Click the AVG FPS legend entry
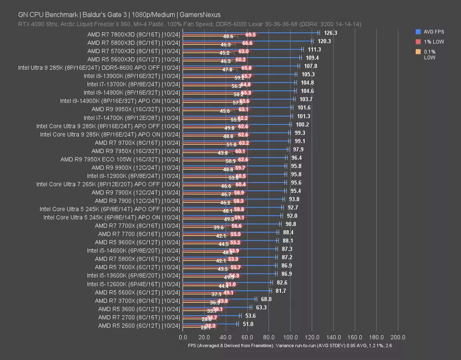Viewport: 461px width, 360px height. pos(433,32)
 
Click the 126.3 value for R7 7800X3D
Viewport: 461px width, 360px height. pos(331,33)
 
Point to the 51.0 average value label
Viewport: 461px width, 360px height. pos(248,324)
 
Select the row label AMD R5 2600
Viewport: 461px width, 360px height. pos(139,326)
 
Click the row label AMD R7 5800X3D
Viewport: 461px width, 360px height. pos(134,43)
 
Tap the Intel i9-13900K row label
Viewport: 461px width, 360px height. pos(132,76)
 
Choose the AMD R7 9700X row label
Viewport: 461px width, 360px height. pos(137,142)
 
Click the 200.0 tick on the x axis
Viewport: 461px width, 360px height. pos(398,337)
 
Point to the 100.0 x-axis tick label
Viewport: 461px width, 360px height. pos(290,337)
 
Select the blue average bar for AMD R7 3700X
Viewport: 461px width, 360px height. pos(219,299)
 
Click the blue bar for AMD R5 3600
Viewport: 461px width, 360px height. pos(216,307)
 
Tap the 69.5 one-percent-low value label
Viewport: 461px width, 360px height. pos(251,35)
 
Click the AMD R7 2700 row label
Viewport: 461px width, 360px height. pos(139,317)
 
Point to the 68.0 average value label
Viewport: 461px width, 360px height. pos(266,299)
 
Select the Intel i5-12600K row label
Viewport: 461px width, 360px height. pos(133,284)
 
